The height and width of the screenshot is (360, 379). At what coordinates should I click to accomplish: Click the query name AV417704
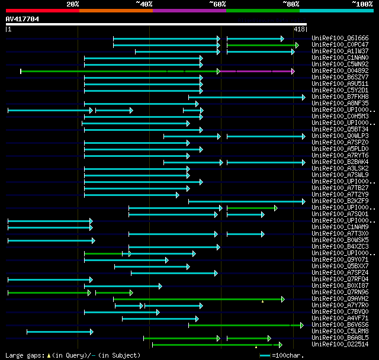[x=22, y=19]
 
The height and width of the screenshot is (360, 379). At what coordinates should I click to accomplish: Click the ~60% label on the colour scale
[x=217, y=4]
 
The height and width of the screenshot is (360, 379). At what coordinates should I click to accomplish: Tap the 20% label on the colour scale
[x=73, y=4]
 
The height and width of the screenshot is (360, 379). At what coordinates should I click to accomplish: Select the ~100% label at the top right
[x=362, y=4]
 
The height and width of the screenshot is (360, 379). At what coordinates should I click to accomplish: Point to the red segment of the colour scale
[x=42, y=10]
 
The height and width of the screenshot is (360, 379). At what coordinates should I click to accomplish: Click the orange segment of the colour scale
[x=115, y=10]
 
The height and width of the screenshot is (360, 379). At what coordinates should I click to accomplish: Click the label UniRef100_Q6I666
[x=340, y=38]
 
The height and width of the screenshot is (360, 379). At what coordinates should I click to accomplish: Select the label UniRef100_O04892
[x=340, y=70]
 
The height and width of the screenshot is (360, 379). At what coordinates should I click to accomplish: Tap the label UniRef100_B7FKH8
[x=340, y=97]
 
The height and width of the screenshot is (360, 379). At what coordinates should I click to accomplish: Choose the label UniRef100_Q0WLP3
[x=340, y=136]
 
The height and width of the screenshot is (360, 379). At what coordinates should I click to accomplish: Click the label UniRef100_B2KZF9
[x=340, y=201]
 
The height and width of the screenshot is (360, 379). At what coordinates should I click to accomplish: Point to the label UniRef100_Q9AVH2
[x=340, y=298]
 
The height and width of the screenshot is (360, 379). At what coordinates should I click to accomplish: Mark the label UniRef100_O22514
[x=340, y=344]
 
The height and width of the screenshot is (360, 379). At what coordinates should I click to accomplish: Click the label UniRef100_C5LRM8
[x=340, y=331]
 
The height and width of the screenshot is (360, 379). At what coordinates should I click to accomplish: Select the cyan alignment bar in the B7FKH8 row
[x=246, y=97]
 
